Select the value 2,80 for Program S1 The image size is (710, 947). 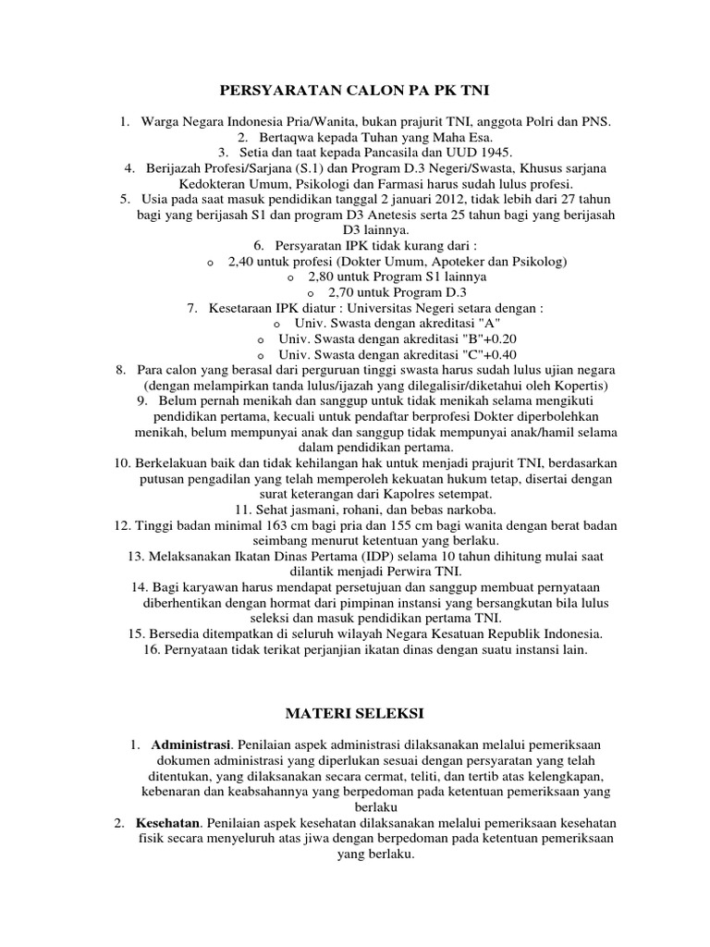[321, 277]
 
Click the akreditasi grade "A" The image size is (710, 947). [490, 324]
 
